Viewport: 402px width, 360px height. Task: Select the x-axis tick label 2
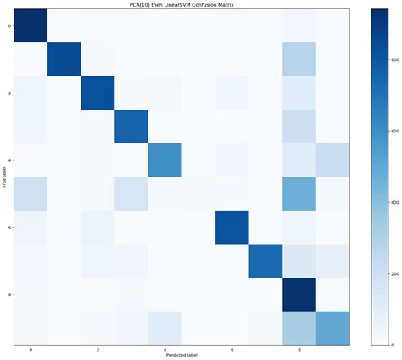coord(98,349)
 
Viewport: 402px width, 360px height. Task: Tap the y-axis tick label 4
coord(9,160)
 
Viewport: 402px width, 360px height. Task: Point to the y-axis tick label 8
coord(9,295)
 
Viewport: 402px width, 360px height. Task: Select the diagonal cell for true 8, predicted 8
coord(299,295)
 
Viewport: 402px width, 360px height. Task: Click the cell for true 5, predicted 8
coord(299,194)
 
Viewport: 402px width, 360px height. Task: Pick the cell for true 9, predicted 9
coord(332,328)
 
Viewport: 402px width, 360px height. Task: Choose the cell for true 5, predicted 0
coord(31,194)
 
